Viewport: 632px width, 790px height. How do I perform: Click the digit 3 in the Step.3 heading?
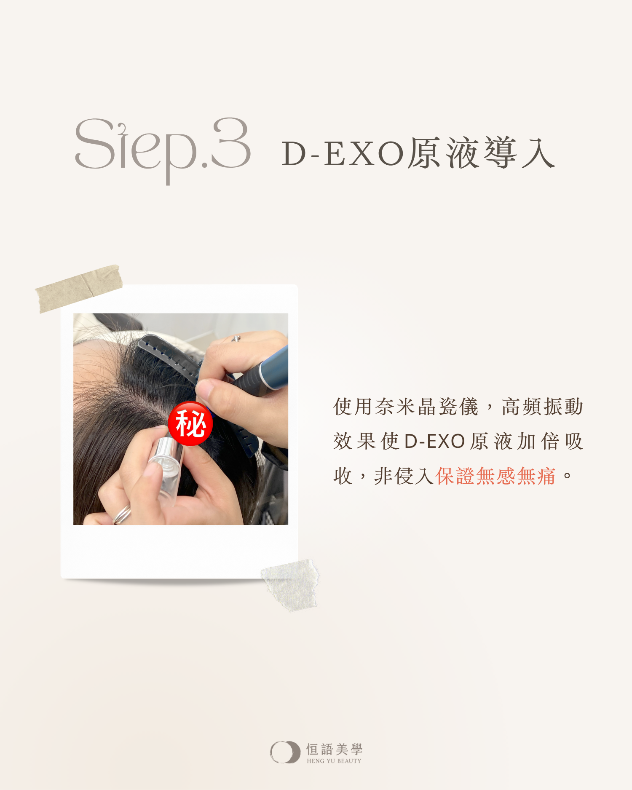click(231, 143)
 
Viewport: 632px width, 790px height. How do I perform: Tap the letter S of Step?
click(95, 144)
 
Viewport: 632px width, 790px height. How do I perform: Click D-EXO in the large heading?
click(343, 154)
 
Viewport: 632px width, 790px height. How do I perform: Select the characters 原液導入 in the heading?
click(481, 153)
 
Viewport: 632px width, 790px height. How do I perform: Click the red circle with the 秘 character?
click(190, 423)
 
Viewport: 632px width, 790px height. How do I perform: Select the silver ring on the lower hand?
click(122, 514)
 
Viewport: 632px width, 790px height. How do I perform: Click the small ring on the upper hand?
click(236, 338)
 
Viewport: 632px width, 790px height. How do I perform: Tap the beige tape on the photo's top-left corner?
click(79, 289)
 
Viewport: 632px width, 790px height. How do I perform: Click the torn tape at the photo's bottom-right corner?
click(290, 585)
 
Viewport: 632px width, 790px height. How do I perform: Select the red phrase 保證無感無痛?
click(495, 477)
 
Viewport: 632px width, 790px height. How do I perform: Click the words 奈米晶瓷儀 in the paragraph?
click(427, 407)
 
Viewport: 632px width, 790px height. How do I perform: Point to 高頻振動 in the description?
click(543, 407)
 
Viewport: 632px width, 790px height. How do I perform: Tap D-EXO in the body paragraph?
click(434, 442)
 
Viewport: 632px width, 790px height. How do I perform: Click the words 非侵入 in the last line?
click(404, 477)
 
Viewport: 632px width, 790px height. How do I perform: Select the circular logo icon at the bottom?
click(285, 752)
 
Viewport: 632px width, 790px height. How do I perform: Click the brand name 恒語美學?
click(334, 749)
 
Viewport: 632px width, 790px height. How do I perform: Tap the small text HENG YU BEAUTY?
click(334, 761)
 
